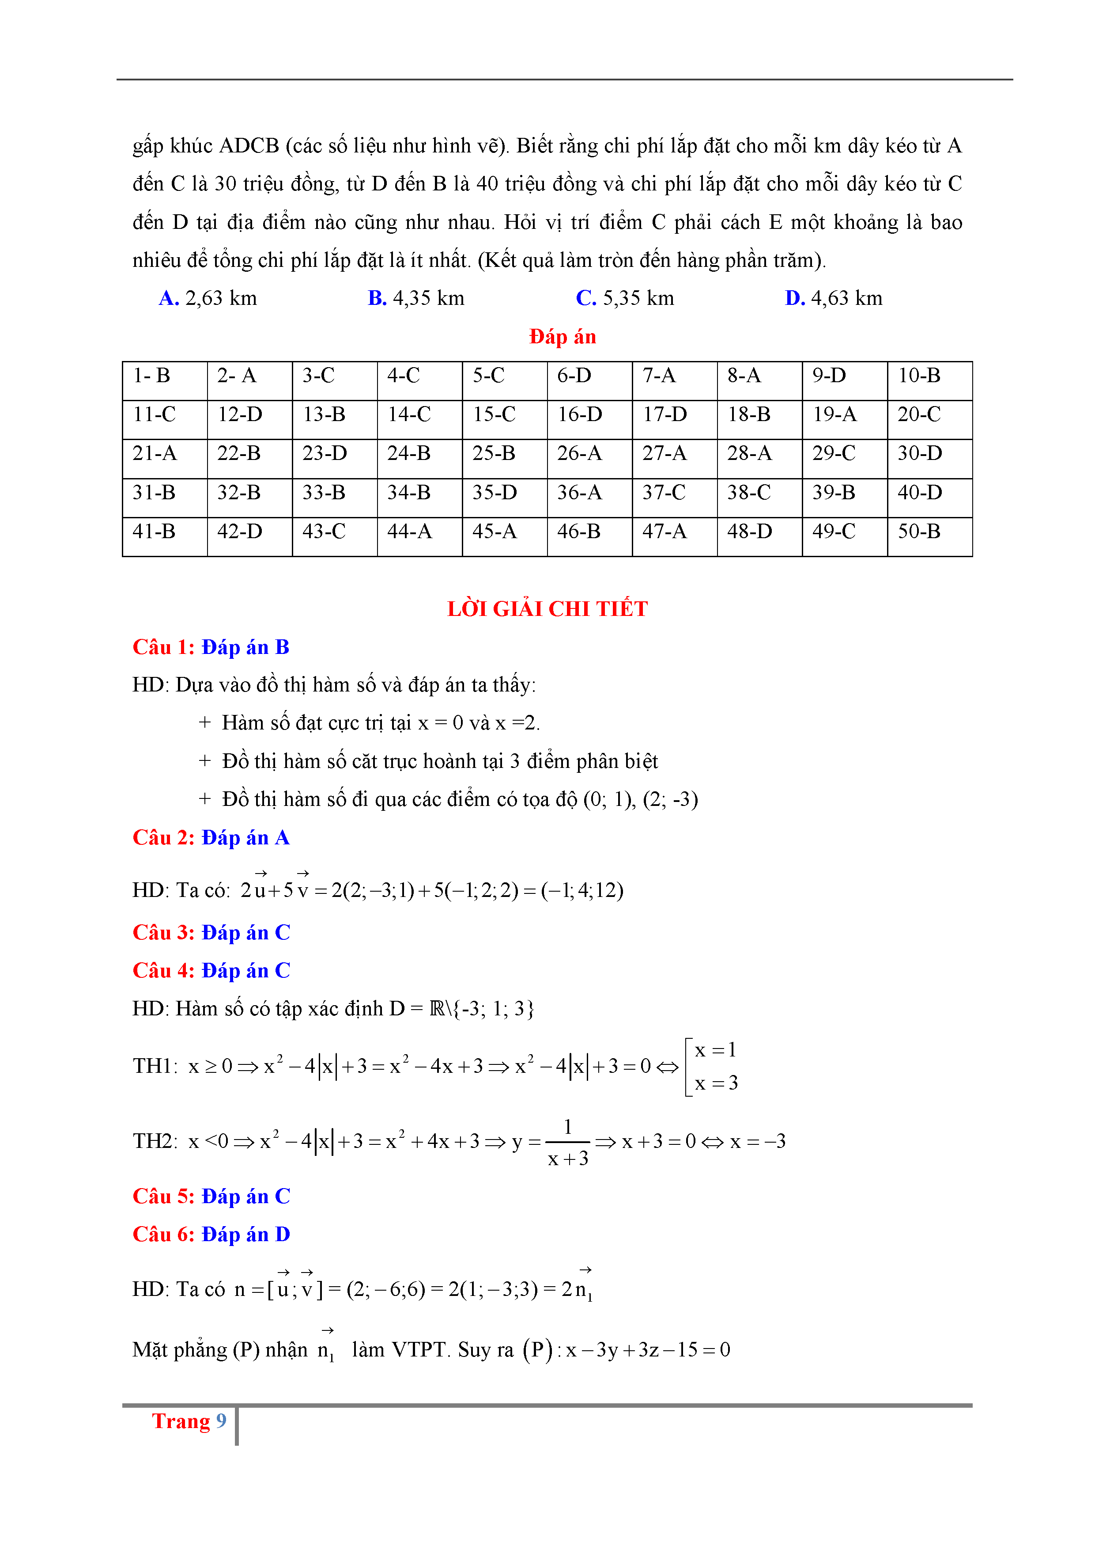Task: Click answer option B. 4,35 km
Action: pos(415,298)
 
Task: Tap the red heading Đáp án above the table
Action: pos(562,336)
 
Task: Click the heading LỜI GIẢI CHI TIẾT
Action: pos(547,609)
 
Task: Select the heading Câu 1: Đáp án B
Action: pos(211,647)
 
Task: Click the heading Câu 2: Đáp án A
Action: pos(211,838)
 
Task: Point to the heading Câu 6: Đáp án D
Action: pos(211,1235)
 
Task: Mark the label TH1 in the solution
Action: pos(154,1066)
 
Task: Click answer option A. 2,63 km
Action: pos(208,298)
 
